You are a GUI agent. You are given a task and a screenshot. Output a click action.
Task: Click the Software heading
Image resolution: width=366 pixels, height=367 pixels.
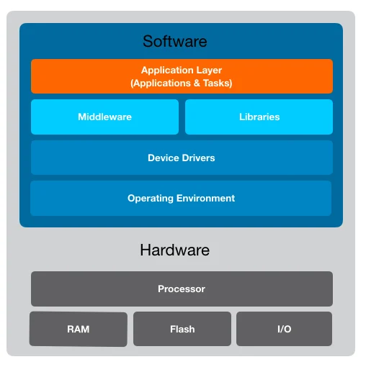[174, 41]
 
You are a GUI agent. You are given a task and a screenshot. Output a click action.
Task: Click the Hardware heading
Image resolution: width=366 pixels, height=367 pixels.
[174, 250]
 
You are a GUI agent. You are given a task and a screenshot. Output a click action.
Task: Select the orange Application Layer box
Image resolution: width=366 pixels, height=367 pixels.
[182, 76]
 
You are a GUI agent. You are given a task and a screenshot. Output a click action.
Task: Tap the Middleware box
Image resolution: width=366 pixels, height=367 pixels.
[104, 117]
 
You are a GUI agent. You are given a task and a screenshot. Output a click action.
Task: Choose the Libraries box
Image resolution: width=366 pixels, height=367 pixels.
[259, 117]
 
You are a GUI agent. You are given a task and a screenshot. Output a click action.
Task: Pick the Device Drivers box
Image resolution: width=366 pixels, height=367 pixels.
[182, 158]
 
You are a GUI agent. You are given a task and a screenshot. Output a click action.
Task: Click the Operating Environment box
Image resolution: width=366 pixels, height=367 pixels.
[182, 198]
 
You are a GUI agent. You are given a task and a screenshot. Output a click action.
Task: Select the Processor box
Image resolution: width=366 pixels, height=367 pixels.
[182, 289]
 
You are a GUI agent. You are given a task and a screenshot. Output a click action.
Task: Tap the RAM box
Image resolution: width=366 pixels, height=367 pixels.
[78, 329]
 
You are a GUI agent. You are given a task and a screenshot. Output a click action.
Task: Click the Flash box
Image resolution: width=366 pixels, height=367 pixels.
[182, 329]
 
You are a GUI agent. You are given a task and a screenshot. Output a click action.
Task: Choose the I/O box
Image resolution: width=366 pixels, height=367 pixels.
[284, 329]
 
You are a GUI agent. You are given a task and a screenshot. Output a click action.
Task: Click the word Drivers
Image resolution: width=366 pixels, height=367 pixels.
[198, 158]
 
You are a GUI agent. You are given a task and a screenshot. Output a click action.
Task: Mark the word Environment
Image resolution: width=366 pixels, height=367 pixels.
[205, 198]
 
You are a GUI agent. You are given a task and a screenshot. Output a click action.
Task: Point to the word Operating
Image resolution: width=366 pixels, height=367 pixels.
[150, 198]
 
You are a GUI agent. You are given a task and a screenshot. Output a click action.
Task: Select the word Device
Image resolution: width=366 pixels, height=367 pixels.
[163, 158]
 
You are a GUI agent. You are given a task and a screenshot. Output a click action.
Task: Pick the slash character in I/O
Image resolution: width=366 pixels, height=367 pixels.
[284, 329]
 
